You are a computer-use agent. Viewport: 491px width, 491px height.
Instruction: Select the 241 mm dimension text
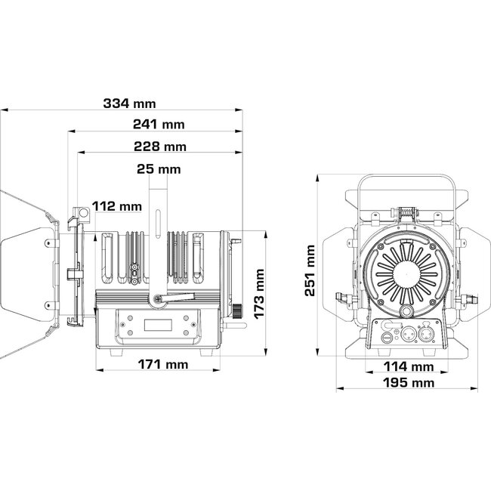click(x=159, y=125)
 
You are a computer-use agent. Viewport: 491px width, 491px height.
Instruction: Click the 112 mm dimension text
click(x=117, y=205)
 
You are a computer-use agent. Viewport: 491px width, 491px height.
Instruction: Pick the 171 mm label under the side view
click(x=163, y=365)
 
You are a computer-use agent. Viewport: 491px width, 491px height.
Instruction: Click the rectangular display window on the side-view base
click(x=159, y=326)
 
